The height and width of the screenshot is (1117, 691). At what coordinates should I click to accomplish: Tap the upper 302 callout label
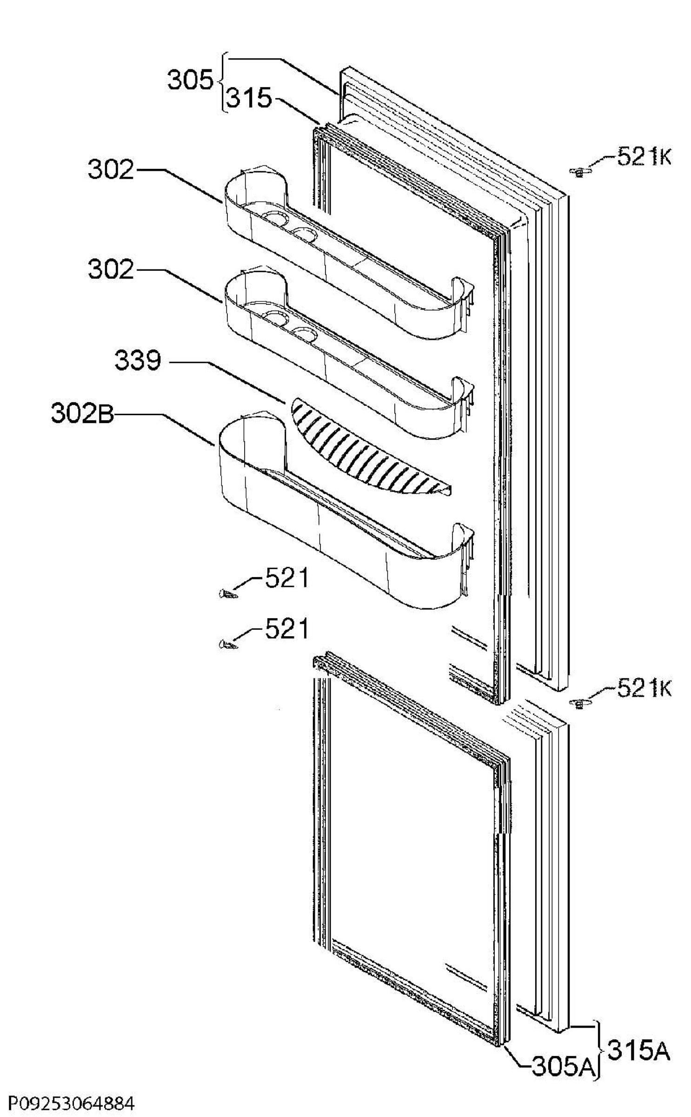coord(111,170)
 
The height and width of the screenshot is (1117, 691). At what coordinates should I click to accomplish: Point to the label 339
coord(138,361)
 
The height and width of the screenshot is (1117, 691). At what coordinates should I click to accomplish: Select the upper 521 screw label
coord(286,579)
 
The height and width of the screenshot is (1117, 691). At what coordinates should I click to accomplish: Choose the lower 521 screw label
coord(286,630)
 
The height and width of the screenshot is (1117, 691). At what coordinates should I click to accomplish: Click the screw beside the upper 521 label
coord(227,594)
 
